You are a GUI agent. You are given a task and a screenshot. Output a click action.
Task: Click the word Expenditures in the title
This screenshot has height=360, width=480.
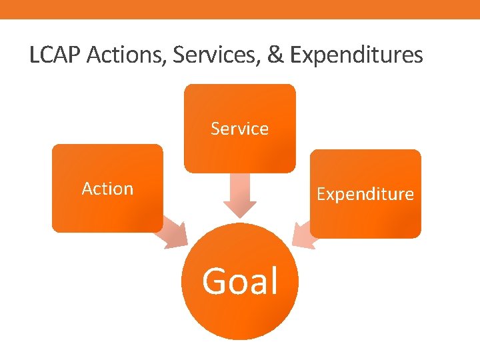(x=357, y=55)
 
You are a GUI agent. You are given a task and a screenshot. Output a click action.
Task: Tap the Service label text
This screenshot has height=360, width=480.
(x=239, y=129)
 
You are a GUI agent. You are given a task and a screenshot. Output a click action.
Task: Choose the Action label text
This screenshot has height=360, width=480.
(x=107, y=189)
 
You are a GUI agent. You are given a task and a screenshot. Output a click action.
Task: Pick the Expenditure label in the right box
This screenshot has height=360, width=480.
(x=365, y=194)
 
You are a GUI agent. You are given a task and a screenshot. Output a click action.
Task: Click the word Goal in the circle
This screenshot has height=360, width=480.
(x=240, y=281)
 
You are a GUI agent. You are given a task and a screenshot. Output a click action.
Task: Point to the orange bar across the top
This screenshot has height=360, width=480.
(x=240, y=9)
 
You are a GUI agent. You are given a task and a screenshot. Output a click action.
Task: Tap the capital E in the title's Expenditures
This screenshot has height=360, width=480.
(x=297, y=55)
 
